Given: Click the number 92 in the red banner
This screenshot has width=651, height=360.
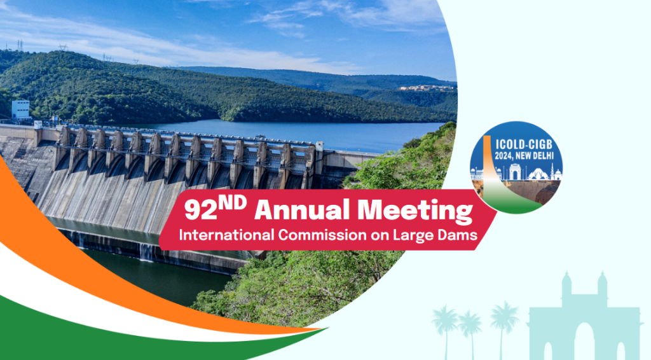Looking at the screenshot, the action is pyautogui.click(x=201, y=211).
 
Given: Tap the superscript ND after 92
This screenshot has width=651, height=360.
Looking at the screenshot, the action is pyautogui.click(x=233, y=203).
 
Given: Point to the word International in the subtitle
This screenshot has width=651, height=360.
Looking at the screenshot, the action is pyautogui.click(x=227, y=235).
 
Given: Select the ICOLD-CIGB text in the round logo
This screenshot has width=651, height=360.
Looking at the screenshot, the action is pyautogui.click(x=524, y=145).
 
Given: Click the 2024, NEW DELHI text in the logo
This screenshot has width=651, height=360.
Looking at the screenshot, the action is pyautogui.click(x=524, y=156).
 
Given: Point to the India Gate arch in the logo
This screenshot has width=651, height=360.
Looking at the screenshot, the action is pyautogui.click(x=515, y=172).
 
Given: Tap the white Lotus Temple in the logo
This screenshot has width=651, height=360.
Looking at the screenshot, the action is pyautogui.click(x=537, y=174).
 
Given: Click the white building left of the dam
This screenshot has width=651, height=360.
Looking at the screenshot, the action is pyautogui.click(x=20, y=109).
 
